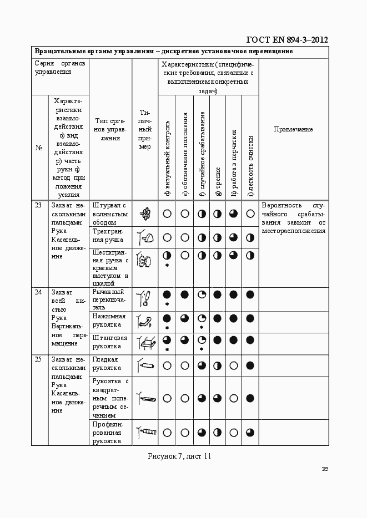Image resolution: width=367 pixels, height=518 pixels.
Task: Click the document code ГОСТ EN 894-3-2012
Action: [287, 39]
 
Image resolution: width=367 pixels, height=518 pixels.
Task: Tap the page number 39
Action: [325, 469]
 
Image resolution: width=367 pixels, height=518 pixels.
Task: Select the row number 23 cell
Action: [39, 205]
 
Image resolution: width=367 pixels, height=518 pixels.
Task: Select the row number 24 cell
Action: [39, 292]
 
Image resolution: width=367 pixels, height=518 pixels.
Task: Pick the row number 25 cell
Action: [39, 359]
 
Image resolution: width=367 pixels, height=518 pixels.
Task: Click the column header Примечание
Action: [293, 129]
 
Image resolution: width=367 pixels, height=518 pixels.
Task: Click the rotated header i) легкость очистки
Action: [250, 166]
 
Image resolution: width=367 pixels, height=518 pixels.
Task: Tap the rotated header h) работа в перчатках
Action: [234, 163]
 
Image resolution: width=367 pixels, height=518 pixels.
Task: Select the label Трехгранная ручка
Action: [108, 236]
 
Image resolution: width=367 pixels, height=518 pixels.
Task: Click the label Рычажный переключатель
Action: [108, 299]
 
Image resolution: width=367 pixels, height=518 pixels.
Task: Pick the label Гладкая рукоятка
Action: [107, 364]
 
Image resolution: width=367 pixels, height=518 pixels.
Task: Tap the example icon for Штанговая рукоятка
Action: [145, 343]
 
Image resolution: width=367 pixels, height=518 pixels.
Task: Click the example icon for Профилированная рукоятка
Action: [147, 431]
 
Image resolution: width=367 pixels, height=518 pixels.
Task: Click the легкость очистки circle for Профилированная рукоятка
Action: [250, 432]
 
